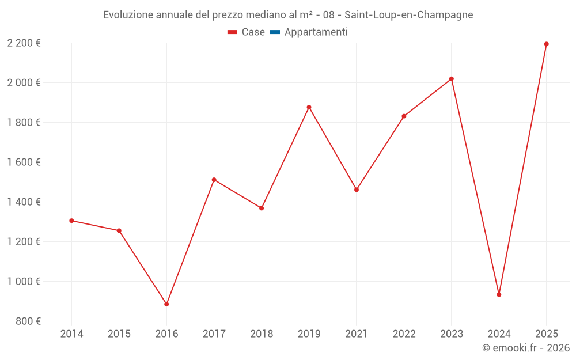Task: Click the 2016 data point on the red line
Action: coord(166,304)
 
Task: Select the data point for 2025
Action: coord(546,44)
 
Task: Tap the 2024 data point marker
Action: coord(499,294)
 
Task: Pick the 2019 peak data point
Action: coord(309,107)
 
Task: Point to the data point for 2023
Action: coord(452,79)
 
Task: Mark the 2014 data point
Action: coord(71,221)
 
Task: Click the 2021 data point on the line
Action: coord(357,190)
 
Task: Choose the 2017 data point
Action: coord(214,180)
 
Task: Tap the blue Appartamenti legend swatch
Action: coord(275,32)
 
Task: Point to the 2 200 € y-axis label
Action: coord(24,43)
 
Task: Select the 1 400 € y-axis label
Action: coord(24,202)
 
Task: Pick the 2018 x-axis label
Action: coord(262,334)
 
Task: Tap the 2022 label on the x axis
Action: coord(404,334)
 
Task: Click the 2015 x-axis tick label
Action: coord(119,334)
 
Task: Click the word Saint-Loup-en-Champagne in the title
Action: coord(408,15)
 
